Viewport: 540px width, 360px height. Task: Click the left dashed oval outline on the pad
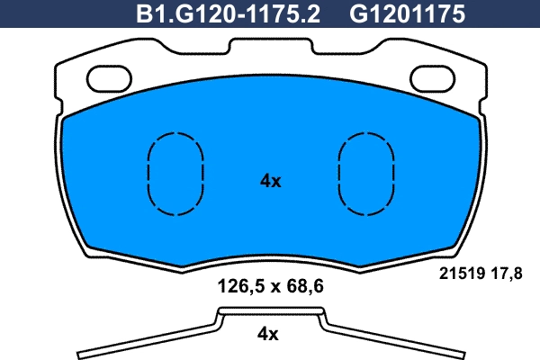[x=174, y=173]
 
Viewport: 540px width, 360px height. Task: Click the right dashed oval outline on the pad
[x=366, y=173]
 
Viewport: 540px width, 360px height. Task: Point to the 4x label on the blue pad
[x=270, y=181]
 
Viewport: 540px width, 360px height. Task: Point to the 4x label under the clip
[x=269, y=334]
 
